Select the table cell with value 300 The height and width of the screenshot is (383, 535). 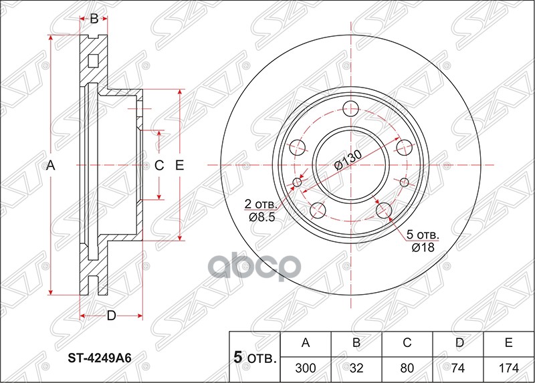pyautogui.click(x=306, y=367)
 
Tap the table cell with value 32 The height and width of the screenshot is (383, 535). pyautogui.click(x=356, y=367)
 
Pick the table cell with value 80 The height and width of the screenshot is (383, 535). pyautogui.click(x=407, y=367)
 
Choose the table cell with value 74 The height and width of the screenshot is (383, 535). pyautogui.click(x=458, y=367)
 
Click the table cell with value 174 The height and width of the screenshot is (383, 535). pyautogui.click(x=508, y=367)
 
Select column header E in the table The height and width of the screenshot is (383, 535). pyautogui.click(x=508, y=344)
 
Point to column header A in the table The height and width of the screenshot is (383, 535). pyautogui.click(x=306, y=344)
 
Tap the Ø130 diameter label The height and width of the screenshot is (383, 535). pyautogui.click(x=347, y=160)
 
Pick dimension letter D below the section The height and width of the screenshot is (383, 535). pyautogui.click(x=112, y=315)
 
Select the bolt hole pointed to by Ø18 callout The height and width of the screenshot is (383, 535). pyautogui.click(x=383, y=210)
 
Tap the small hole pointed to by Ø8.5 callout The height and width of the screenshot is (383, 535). pyautogui.click(x=298, y=182)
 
